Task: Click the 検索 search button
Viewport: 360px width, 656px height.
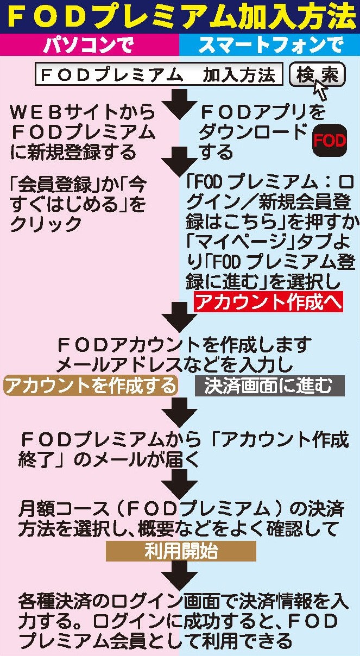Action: [317, 74]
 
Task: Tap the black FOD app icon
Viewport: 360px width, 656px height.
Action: [330, 141]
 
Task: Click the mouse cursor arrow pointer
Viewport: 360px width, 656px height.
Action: [320, 90]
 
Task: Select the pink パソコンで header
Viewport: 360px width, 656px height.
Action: [90, 45]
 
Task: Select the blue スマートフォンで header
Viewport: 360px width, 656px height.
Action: [269, 45]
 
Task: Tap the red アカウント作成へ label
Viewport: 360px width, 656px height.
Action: [268, 302]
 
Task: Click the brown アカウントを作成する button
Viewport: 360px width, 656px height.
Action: [91, 386]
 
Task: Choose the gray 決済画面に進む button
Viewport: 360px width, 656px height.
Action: [270, 386]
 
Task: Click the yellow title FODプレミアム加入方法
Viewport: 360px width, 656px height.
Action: [180, 17]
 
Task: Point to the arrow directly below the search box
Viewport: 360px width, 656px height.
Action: [180, 104]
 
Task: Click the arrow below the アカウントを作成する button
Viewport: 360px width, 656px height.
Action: [180, 412]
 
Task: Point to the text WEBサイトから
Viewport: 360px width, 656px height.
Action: [83, 112]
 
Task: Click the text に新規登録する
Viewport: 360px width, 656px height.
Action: [73, 152]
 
